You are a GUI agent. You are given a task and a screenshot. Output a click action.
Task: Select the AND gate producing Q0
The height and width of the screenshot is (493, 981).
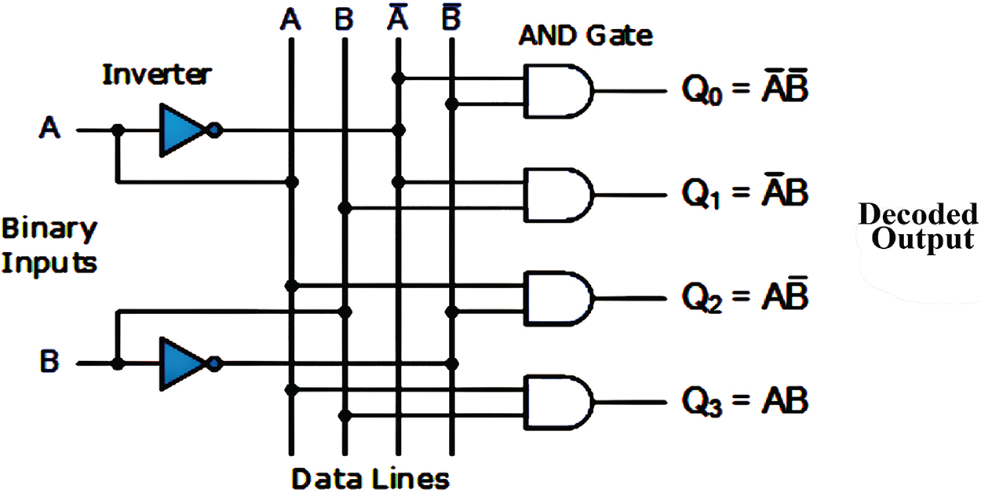point(559,90)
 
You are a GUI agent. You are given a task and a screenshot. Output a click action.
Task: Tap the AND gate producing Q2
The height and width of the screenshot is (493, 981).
point(559,298)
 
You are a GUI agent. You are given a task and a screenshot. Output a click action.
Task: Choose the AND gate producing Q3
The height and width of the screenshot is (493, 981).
point(559,402)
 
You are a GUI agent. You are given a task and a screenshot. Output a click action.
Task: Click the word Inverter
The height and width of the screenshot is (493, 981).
point(157,75)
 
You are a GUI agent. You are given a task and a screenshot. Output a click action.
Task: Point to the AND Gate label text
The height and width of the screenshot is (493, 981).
point(585,35)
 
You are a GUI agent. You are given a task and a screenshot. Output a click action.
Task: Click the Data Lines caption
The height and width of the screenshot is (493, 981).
point(370,477)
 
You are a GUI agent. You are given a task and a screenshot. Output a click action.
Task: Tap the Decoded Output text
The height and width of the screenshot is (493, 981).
point(918,226)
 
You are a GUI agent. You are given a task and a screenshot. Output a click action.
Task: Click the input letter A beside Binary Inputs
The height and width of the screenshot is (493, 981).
point(50,130)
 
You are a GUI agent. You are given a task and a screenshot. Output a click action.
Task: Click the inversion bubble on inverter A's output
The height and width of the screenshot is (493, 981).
point(215,130)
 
